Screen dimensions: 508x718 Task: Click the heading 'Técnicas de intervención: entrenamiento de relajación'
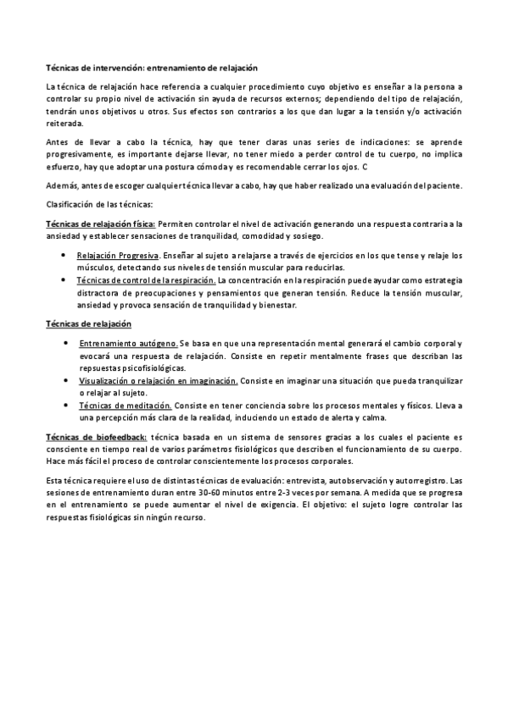coord(151,66)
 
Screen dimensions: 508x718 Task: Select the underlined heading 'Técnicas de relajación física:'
coord(100,224)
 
